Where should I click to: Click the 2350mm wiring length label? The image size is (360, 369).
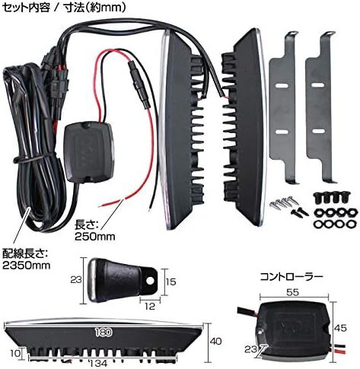point(26,259)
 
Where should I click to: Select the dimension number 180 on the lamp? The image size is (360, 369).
point(104,332)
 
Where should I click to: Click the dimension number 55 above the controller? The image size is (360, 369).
point(292,293)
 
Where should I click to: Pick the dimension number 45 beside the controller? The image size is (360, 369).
point(340,328)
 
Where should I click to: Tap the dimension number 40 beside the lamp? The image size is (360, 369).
point(216,342)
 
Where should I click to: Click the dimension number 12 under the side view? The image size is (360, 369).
point(150,307)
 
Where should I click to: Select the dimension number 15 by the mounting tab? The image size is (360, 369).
point(171,282)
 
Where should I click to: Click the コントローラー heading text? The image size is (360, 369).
point(292,277)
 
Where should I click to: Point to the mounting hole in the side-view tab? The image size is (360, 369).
point(150,280)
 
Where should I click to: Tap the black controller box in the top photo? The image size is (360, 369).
point(88,152)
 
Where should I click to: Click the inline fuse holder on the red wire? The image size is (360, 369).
point(139,85)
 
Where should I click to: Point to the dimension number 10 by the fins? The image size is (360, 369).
point(15,353)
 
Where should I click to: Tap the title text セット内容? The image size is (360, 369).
point(26,8)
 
